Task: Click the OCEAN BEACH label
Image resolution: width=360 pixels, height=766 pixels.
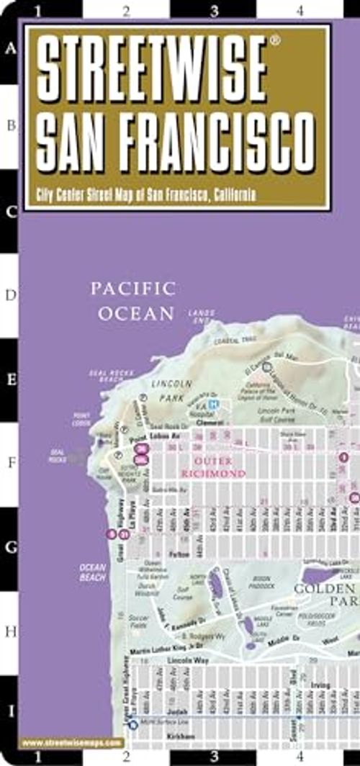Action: [x=93, y=572]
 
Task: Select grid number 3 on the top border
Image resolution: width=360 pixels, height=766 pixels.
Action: [x=214, y=10]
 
